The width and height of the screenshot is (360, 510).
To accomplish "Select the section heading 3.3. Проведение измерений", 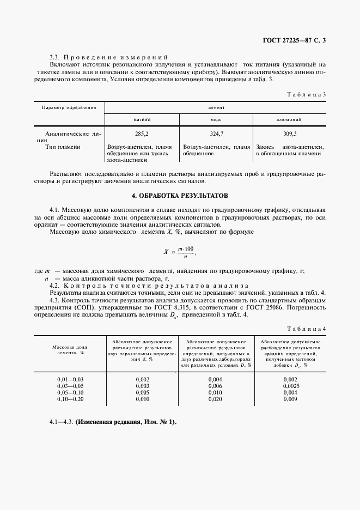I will (109, 57).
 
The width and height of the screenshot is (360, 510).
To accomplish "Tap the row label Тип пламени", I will (63, 147).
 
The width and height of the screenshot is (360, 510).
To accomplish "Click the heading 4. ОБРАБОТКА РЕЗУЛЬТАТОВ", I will (180, 195).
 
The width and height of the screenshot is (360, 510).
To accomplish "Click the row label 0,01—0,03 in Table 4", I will (70, 379).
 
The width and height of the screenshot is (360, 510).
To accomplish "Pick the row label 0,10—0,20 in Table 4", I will (70, 398).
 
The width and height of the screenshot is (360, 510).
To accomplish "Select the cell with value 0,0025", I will (291, 385).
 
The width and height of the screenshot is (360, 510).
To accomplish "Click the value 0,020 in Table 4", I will (216, 398).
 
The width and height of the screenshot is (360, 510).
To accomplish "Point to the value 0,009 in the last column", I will (291, 398).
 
